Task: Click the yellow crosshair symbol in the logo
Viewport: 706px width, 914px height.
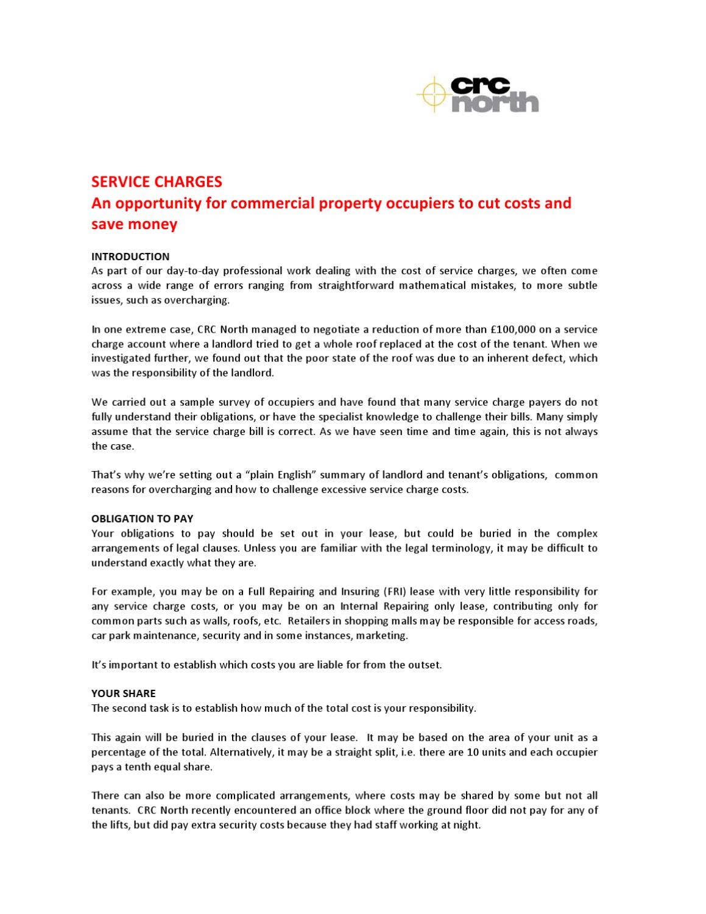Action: click(433, 94)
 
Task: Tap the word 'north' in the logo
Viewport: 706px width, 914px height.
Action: click(495, 104)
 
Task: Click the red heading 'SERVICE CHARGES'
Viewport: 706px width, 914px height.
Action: click(157, 182)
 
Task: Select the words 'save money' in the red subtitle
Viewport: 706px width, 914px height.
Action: click(134, 224)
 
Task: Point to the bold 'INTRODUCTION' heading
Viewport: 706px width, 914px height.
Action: click(130, 257)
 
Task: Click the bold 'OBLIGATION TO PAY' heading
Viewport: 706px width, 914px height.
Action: click(142, 519)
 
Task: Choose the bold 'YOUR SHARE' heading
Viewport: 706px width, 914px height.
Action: click(123, 693)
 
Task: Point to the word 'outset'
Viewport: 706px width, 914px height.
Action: click(424, 665)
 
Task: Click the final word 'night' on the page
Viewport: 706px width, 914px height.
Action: click(467, 825)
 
